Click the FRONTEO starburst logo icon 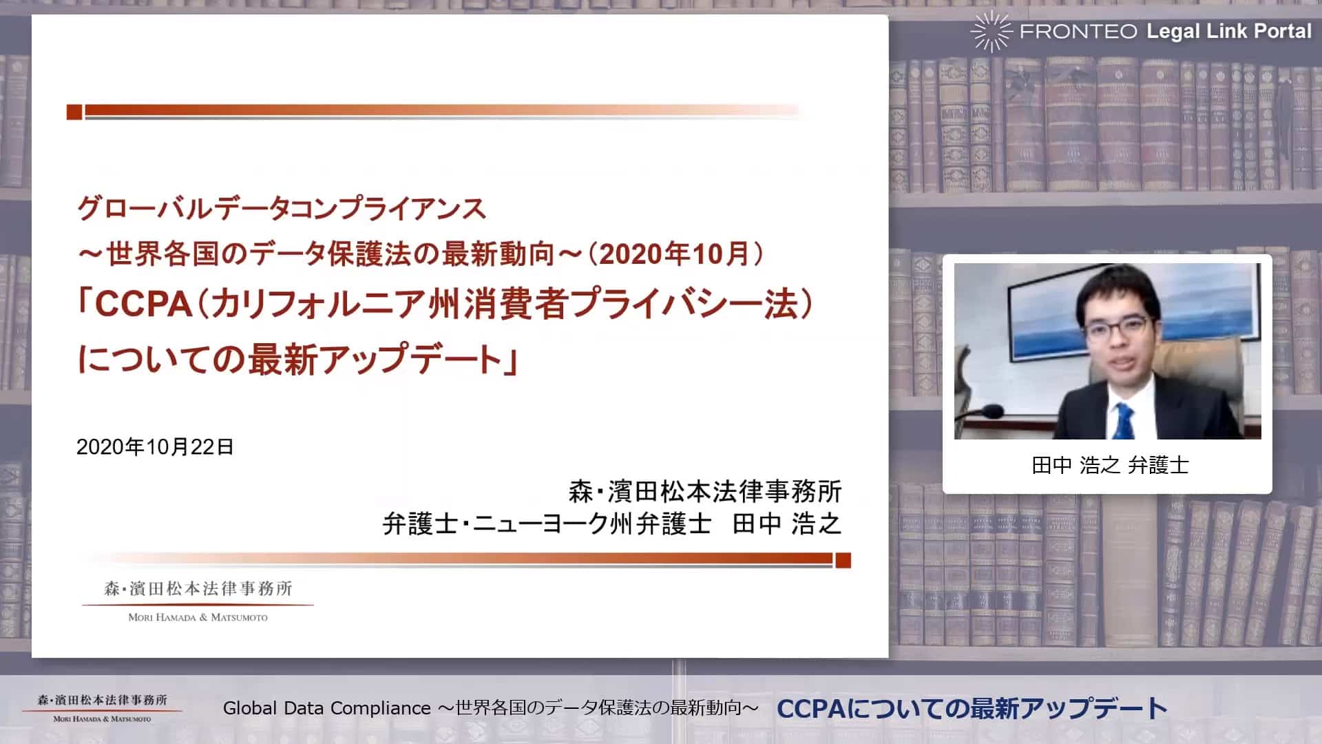pyautogui.click(x=991, y=32)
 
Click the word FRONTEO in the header pyautogui.click(x=1078, y=32)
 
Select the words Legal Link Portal pyautogui.click(x=1229, y=31)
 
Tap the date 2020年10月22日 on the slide pyautogui.click(x=155, y=447)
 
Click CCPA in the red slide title pyautogui.click(x=143, y=304)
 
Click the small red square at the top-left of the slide pyautogui.click(x=74, y=112)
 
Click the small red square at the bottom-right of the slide pyautogui.click(x=843, y=560)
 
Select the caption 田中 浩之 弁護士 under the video pyautogui.click(x=1110, y=466)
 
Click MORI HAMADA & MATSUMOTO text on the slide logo pyautogui.click(x=198, y=617)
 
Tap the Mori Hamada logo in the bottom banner pyautogui.click(x=103, y=707)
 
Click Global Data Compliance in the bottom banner pyautogui.click(x=327, y=708)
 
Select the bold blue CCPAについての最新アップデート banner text pyautogui.click(x=972, y=708)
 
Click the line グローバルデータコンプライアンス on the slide pyautogui.click(x=282, y=208)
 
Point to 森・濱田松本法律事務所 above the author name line pyautogui.click(x=705, y=491)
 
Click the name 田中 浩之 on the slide pyautogui.click(x=787, y=524)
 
